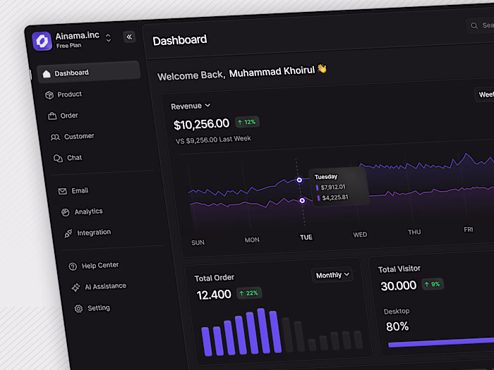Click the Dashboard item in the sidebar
tap(71, 73)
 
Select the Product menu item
tap(69, 94)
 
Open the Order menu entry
tap(68, 116)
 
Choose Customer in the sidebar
tap(78, 137)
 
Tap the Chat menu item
tap(74, 158)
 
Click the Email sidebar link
tap(79, 191)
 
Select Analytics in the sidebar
tap(88, 211)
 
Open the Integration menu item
tap(93, 233)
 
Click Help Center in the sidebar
tap(100, 266)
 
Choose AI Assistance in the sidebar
tap(104, 286)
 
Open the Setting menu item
tap(98, 308)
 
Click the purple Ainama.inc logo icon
tap(42, 40)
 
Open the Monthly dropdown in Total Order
tap(332, 275)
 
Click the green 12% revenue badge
tap(246, 122)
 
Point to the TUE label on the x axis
tap(306, 238)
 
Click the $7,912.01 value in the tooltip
tap(333, 187)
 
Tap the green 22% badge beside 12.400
tap(249, 292)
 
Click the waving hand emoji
tap(322, 68)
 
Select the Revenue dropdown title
tap(191, 106)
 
